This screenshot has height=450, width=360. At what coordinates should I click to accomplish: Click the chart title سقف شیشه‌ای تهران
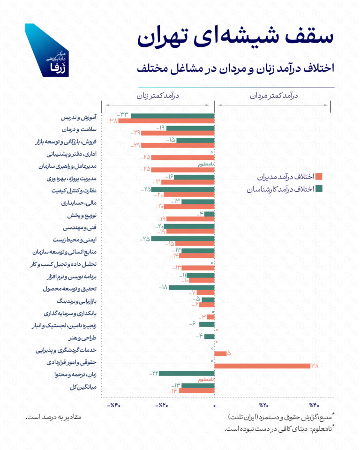(235, 37)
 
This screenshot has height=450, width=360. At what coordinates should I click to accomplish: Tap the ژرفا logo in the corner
(47, 51)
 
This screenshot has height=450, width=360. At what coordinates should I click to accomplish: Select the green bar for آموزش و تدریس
(173, 116)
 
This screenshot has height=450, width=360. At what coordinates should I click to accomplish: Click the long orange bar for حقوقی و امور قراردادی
(262, 366)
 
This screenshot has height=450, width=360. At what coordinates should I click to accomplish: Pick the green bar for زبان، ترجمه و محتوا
(187, 374)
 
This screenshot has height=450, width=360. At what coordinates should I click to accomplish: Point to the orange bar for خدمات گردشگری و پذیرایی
(220, 353)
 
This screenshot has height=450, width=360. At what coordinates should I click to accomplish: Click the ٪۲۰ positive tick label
(263, 405)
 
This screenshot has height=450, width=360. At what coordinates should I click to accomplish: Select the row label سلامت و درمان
(79, 129)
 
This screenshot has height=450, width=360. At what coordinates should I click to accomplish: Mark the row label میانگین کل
(83, 387)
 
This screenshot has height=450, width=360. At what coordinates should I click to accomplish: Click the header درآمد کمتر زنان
(158, 96)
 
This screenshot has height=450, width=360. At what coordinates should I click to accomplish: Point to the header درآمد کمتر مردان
(274, 96)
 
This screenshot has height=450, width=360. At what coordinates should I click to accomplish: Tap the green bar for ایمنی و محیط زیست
(183, 239)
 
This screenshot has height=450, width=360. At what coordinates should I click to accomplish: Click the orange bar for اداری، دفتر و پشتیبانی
(183, 157)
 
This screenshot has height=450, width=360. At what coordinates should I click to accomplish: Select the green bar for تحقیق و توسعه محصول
(192, 287)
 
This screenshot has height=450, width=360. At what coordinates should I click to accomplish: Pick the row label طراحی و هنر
(82, 338)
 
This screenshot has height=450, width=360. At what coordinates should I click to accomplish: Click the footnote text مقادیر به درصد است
(53, 417)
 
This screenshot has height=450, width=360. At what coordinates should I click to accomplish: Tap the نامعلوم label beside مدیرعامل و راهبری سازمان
(206, 165)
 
